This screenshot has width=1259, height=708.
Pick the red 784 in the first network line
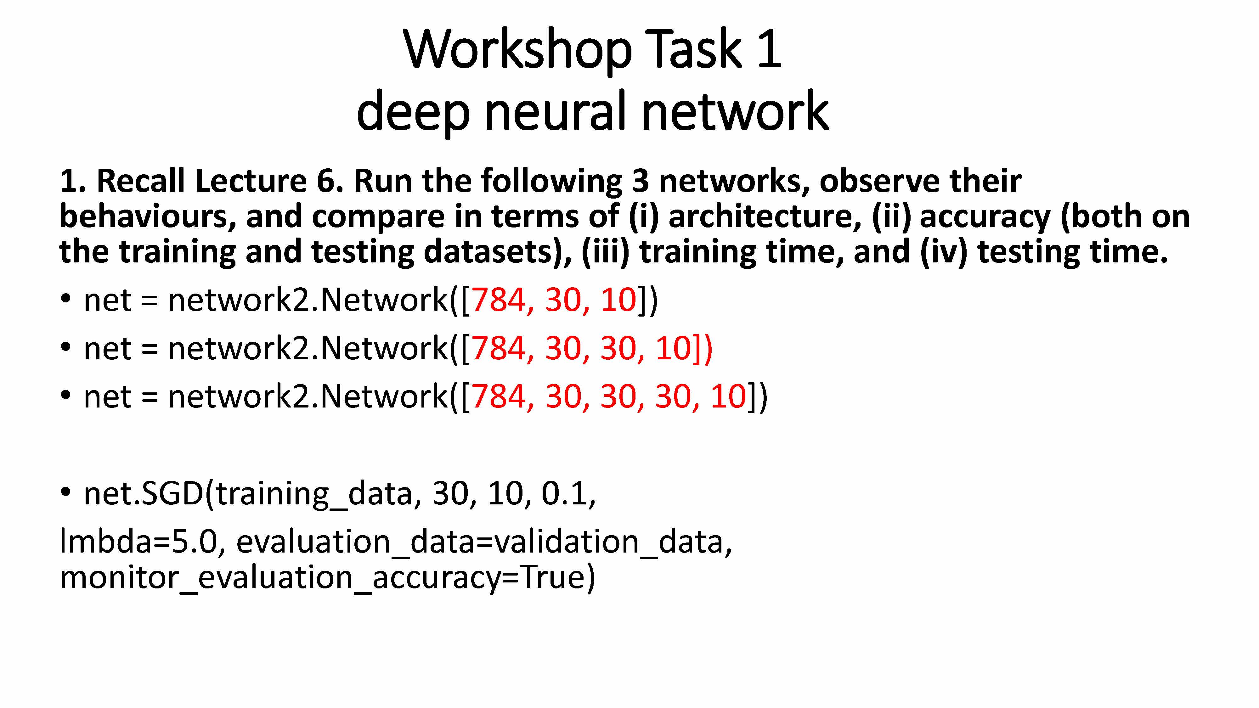[499, 300]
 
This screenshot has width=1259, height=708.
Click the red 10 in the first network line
[618, 300]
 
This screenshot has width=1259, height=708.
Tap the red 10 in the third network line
[728, 396]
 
